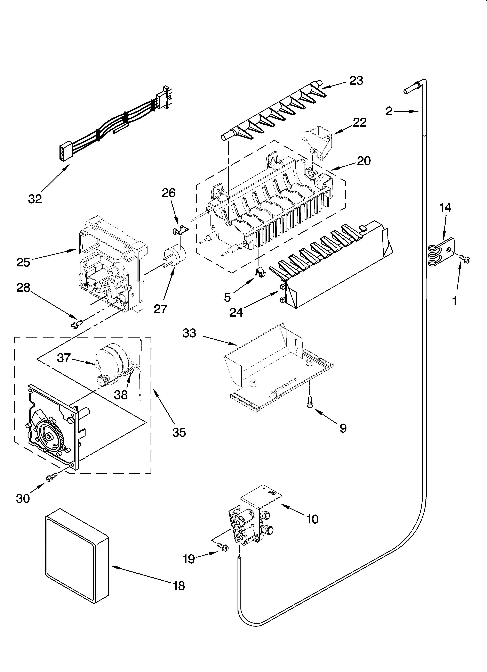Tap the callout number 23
[356, 81]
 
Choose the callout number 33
[189, 333]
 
